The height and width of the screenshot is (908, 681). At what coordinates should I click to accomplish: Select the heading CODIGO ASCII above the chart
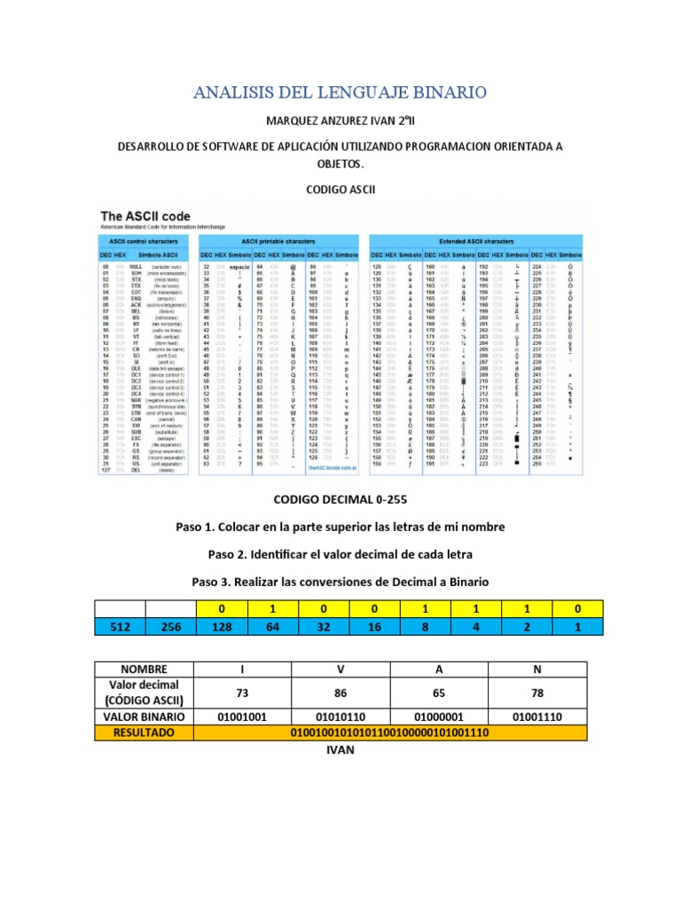[340, 190]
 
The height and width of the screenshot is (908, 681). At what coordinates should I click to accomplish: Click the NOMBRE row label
[144, 669]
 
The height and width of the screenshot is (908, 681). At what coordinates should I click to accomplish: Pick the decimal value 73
[241, 693]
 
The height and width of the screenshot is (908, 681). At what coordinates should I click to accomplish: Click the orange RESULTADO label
[144, 733]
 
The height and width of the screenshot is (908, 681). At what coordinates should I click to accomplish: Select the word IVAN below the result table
[340, 750]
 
